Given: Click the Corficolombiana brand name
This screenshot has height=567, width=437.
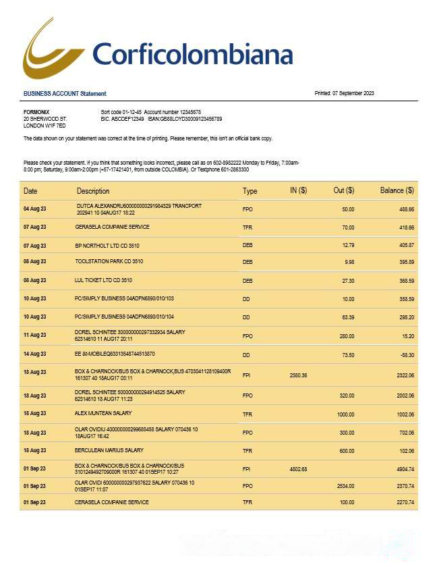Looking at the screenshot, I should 192,54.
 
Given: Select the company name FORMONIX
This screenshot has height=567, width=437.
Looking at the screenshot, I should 36,112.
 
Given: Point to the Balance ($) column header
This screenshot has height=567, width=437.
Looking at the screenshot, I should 397,191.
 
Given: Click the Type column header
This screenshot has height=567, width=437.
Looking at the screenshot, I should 250,192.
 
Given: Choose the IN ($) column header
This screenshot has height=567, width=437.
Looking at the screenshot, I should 298,191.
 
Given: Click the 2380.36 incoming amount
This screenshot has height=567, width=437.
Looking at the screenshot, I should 298,375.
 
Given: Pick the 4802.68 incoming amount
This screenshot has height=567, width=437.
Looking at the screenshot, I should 298,469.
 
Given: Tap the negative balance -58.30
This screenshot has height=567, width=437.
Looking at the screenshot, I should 405,354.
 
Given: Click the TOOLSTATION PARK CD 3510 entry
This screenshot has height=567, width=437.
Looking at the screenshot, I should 109,261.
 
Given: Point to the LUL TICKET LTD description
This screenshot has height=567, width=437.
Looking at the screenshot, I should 103,280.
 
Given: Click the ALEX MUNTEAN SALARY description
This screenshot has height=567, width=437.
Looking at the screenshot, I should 103,413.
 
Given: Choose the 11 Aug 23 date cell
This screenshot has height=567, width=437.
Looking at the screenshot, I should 34,335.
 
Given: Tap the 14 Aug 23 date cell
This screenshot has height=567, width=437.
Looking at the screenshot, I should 34,354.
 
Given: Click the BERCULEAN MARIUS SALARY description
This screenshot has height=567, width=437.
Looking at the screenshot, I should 109,450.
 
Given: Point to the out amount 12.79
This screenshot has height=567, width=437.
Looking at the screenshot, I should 348,245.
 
